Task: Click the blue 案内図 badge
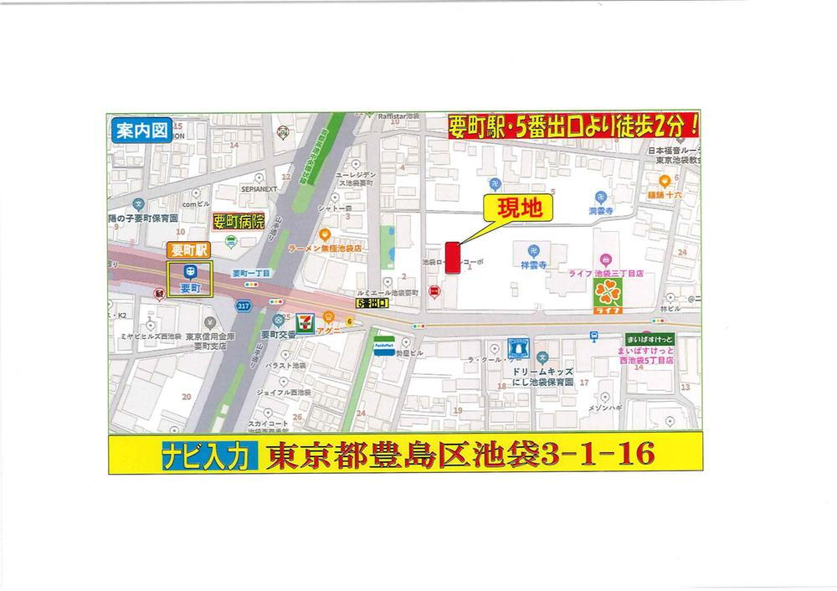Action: (140, 131)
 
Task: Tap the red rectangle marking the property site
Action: (452, 258)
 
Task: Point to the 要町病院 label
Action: (239, 222)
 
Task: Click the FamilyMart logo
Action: (384, 346)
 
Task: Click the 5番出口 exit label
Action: (372, 303)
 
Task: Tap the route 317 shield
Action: (244, 307)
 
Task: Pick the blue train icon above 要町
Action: (191, 270)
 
